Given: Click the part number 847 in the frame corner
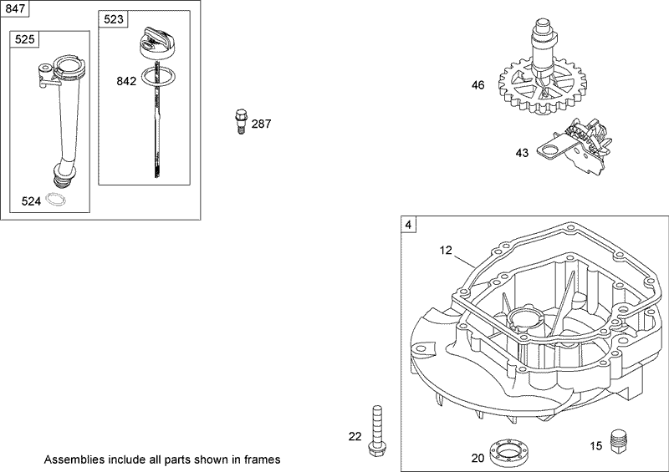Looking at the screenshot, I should pyautogui.click(x=16, y=10).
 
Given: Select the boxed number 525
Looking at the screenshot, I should pyautogui.click(x=23, y=38).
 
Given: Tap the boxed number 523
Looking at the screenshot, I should pyautogui.click(x=112, y=18).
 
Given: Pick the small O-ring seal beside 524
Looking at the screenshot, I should pyautogui.click(x=57, y=200).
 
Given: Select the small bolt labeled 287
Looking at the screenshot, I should pyautogui.click(x=241, y=121).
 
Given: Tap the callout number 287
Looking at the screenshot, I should pyautogui.click(x=261, y=124).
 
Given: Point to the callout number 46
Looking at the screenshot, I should pyautogui.click(x=477, y=84).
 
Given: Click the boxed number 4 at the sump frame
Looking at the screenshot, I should pyautogui.click(x=408, y=225).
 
